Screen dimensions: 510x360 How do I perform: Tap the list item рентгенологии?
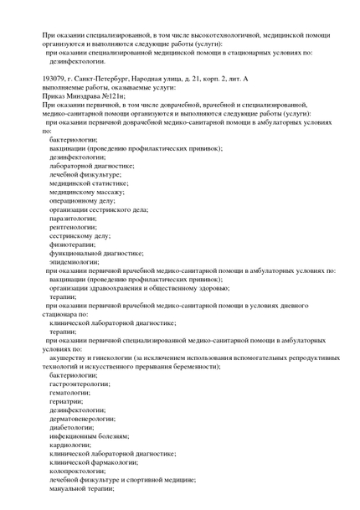click(75, 230)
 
